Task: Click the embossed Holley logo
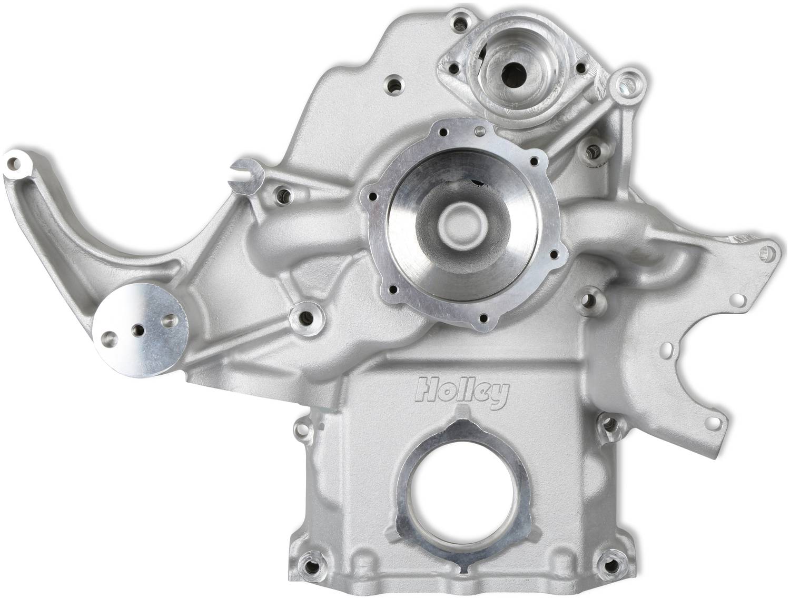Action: tap(462, 395)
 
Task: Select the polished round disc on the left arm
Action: tap(141, 330)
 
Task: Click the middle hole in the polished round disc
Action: tap(138, 331)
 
